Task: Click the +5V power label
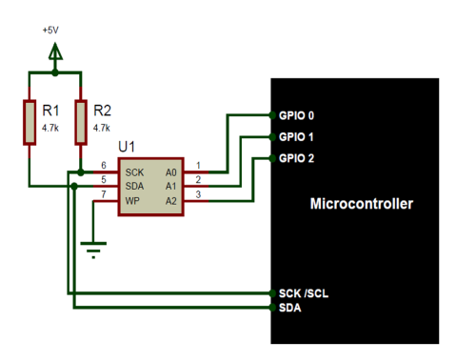(x=50, y=30)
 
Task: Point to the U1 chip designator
(x=127, y=147)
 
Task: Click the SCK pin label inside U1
(x=134, y=172)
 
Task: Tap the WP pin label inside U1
(x=132, y=201)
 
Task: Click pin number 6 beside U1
(x=104, y=166)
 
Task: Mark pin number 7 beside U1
(x=104, y=194)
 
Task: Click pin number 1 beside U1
(x=198, y=166)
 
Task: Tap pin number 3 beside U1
(x=198, y=194)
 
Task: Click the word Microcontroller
(x=360, y=204)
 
